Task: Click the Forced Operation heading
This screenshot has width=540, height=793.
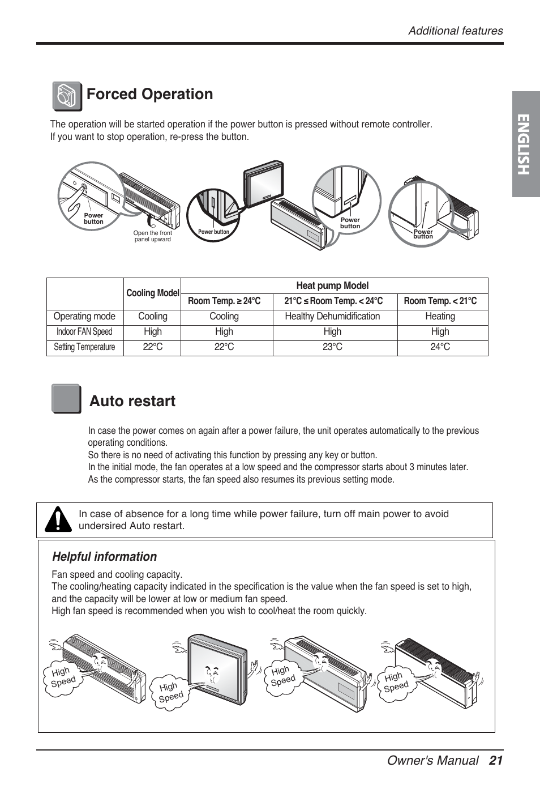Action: click(150, 94)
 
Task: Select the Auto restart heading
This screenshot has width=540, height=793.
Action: click(132, 401)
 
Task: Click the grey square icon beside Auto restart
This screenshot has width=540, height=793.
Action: click(66, 399)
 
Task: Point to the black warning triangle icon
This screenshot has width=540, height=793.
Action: click(58, 520)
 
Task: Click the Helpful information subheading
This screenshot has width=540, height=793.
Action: click(104, 557)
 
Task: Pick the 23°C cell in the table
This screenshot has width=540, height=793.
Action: click(332, 347)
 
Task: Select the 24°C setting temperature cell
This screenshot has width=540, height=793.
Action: click(440, 347)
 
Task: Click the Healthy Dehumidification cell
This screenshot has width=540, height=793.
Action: click(332, 317)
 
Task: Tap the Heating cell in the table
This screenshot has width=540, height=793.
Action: click(440, 317)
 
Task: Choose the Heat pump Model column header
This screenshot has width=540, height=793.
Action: click(332, 286)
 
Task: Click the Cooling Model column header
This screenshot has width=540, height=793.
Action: click(152, 293)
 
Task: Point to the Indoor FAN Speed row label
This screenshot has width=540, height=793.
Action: click(84, 332)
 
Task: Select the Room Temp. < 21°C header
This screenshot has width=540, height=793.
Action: click(440, 301)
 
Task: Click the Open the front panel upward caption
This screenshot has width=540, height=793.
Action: click(152, 236)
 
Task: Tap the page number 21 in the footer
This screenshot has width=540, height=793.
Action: click(496, 761)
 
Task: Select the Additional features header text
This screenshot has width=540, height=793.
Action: click(456, 31)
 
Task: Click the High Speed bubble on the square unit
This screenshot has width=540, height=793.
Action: click(170, 692)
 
